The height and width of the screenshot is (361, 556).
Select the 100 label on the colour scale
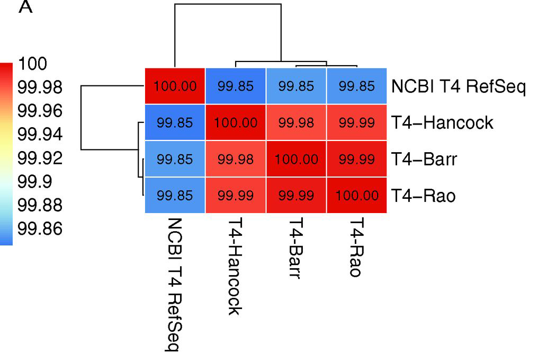(x=32, y=64)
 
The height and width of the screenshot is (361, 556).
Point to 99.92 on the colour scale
(x=40, y=158)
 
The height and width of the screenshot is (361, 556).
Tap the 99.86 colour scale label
(x=40, y=228)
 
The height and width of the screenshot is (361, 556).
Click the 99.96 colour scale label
(x=40, y=111)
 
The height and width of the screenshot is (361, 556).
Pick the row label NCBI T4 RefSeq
(x=459, y=86)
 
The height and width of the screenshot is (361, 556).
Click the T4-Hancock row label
(x=442, y=123)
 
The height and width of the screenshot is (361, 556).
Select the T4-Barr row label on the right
(x=424, y=159)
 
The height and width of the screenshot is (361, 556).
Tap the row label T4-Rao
(x=423, y=196)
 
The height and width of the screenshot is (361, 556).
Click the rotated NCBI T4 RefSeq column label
(x=174, y=284)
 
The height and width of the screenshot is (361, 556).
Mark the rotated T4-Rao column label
(x=356, y=248)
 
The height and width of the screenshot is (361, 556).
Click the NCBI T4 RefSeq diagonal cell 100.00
(x=175, y=86)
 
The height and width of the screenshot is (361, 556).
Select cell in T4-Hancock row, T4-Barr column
(x=296, y=123)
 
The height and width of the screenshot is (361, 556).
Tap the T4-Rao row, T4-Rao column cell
(x=356, y=196)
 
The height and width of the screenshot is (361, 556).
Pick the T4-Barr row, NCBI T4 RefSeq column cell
(x=175, y=159)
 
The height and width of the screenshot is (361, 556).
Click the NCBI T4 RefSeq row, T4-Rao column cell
(x=356, y=86)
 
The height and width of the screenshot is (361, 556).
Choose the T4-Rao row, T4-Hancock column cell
(x=236, y=196)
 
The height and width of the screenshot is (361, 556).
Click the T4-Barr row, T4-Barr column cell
(x=296, y=159)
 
